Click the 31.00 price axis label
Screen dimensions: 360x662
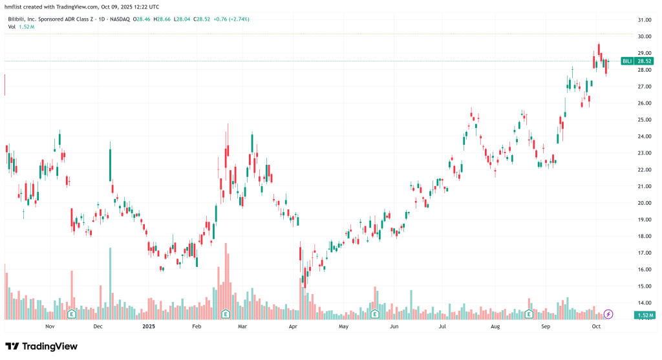644,20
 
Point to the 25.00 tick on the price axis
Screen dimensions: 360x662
644,120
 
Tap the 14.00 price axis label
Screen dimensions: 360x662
644,302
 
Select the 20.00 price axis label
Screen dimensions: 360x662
644,203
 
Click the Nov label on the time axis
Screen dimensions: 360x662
49,327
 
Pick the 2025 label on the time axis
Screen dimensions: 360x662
149,327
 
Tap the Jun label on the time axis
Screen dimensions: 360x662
394,327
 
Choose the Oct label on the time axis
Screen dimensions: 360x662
596,327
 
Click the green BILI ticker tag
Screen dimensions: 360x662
626,61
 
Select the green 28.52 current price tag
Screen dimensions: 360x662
645,61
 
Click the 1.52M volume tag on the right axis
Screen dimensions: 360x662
645,315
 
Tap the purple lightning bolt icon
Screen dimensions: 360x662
608,314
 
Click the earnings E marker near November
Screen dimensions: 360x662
72,314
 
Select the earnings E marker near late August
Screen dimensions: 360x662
529,314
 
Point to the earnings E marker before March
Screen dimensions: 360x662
226,314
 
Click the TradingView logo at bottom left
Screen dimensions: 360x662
42,346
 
